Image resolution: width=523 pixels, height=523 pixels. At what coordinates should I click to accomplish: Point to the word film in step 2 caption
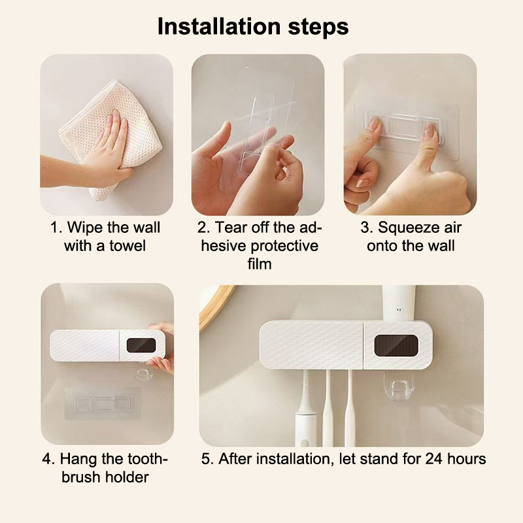point(260,264)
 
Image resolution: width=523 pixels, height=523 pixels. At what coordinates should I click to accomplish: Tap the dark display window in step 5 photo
point(396,346)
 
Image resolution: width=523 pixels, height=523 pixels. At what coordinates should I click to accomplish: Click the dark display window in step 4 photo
point(141,345)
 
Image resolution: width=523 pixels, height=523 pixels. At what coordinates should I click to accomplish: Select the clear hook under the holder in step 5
point(398,388)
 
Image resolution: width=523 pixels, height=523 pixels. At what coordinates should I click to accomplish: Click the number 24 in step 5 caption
point(434,459)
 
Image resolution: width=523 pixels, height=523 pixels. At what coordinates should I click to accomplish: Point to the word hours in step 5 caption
point(466,459)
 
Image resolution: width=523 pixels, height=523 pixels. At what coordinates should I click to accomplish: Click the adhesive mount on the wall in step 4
point(102,403)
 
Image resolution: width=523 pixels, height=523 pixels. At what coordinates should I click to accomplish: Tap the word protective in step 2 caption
point(284,246)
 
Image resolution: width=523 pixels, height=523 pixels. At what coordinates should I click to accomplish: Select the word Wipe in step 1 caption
point(85,228)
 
